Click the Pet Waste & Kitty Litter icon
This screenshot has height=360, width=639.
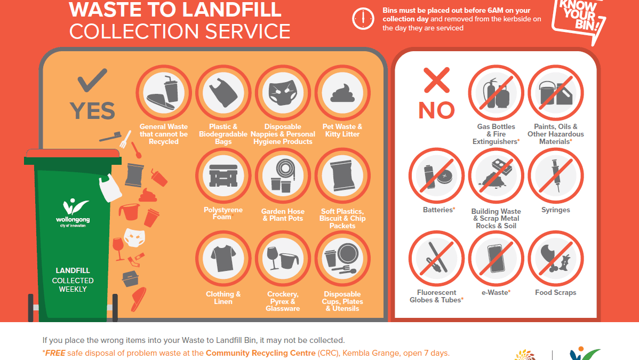[342, 93]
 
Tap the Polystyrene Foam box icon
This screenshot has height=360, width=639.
[223, 175]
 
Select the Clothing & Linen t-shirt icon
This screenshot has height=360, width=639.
[223, 259]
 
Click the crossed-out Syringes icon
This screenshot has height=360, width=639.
[556, 175]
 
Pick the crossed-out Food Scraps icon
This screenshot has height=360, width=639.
[556, 259]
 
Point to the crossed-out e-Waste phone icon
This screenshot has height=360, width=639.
[496, 259]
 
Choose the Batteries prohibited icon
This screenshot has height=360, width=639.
[436, 175]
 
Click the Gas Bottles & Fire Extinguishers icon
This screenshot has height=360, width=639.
[496, 93]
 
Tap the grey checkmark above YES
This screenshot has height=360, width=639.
[92, 80]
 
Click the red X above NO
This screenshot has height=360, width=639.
[436, 80]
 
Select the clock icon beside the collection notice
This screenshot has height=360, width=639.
[363, 19]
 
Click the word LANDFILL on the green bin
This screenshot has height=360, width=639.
[73, 270]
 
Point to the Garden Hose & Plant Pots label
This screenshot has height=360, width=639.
[283, 215]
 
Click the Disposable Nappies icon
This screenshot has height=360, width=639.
[283, 93]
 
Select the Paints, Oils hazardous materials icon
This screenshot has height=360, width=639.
[556, 93]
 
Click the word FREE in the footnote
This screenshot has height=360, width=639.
[55, 353]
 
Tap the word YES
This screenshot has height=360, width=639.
[92, 111]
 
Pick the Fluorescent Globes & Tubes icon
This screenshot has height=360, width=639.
[436, 259]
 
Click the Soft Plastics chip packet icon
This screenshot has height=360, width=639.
[342, 175]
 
